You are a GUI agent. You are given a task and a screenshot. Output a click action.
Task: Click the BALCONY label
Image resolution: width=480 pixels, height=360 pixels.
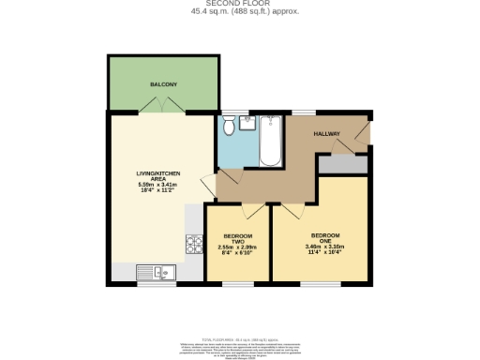coord(164,85)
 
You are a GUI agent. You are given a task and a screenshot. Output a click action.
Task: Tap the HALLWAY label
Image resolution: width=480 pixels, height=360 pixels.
coord(326,134)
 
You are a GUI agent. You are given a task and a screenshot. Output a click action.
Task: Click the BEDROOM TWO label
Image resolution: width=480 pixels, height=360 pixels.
coord(236,236)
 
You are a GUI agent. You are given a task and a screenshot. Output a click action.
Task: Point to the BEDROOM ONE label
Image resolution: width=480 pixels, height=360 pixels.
coord(324,235)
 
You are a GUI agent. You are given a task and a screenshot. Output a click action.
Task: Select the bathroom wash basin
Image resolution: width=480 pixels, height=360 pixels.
coord(247,121)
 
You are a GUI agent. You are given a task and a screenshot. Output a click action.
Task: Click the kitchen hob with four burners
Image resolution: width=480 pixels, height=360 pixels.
coord(195,245)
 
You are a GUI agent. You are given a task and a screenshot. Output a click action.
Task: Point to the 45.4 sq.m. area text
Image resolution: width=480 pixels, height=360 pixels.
coord(239,12)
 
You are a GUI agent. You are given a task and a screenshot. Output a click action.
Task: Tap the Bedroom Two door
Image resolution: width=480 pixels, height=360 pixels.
coord(247,211)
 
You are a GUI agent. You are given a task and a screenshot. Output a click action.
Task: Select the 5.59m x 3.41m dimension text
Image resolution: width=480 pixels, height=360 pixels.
coord(157,185)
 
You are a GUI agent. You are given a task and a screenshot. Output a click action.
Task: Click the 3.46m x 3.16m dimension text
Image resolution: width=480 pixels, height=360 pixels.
coord(324,246)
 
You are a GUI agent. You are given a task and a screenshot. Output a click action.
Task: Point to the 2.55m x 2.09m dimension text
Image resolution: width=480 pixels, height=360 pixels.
coord(236,247)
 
